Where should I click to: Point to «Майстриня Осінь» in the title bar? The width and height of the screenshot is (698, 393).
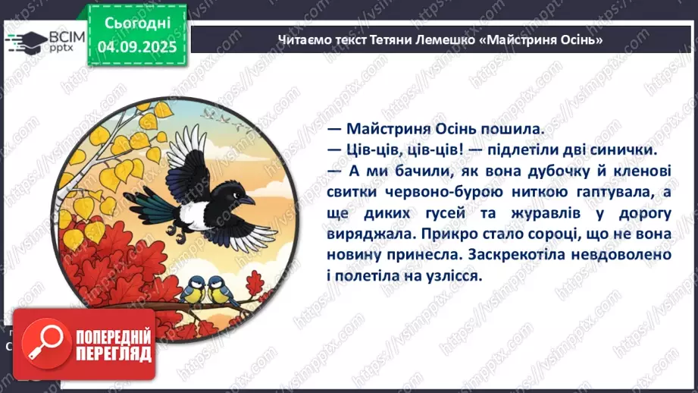tap(542, 39)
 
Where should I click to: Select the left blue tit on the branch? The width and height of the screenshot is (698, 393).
tap(195, 288)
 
